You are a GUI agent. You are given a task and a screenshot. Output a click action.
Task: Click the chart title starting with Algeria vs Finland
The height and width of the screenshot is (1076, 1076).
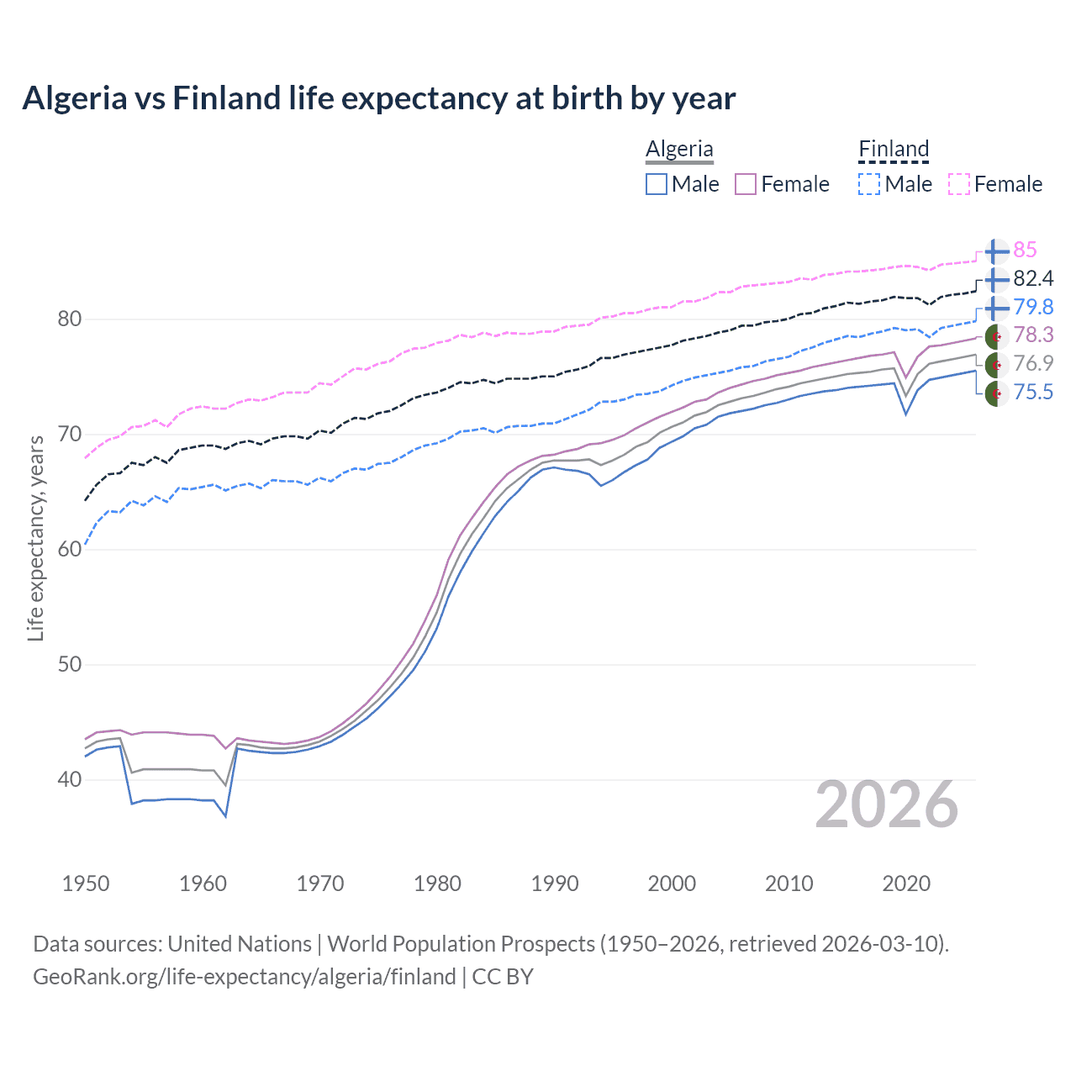(x=378, y=98)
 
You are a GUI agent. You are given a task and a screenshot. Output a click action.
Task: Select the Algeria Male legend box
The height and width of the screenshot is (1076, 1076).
(x=657, y=184)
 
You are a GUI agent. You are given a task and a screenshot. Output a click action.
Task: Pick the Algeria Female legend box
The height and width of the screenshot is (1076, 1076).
(x=746, y=184)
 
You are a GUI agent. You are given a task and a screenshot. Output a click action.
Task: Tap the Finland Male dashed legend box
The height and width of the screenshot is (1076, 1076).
(x=869, y=184)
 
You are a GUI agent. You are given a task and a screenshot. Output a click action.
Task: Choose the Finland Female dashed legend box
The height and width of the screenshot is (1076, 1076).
(x=959, y=184)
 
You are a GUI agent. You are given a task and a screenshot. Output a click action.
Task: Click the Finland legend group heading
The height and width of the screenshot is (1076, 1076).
(x=894, y=150)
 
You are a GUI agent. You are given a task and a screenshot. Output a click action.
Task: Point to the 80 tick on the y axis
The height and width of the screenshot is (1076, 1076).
(x=70, y=319)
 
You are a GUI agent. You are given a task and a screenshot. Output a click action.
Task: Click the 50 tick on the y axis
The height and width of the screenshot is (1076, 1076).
(x=70, y=664)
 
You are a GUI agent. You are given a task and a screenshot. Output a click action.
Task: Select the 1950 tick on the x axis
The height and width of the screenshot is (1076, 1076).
(x=86, y=883)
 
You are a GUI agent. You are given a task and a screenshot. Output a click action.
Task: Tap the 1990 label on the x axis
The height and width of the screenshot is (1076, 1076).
(x=555, y=883)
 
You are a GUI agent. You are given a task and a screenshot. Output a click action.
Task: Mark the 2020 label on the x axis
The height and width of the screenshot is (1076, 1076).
(x=906, y=883)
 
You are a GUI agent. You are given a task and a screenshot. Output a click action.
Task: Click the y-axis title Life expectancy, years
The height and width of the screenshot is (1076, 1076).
(x=35, y=538)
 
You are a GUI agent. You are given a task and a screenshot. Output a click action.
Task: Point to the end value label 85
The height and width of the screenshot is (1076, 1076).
(x=1025, y=250)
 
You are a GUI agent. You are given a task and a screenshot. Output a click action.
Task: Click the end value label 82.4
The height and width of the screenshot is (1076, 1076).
(x=1033, y=278)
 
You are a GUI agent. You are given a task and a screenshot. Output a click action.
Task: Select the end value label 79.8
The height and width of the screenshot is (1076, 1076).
(x=1033, y=307)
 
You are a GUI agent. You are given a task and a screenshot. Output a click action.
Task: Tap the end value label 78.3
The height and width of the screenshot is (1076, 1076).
(x=1033, y=335)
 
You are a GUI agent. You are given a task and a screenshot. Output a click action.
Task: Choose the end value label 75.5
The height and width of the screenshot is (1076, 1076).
(x=1033, y=392)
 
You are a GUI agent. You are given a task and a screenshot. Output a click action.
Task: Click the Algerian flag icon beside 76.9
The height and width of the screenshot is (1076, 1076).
(x=996, y=364)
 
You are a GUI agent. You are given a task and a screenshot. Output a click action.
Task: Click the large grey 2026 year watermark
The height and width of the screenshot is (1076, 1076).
(x=887, y=804)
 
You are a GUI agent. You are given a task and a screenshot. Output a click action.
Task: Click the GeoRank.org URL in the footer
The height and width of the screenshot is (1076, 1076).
(x=244, y=977)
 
